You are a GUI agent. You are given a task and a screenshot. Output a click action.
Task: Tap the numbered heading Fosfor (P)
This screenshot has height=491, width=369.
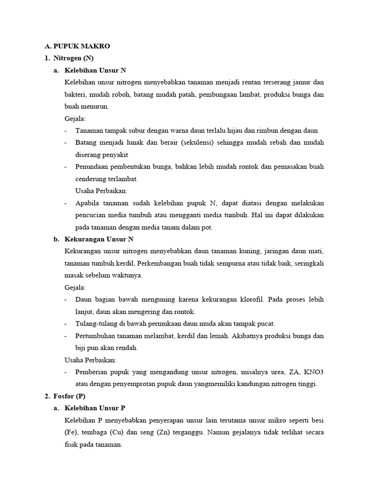coord(69,396)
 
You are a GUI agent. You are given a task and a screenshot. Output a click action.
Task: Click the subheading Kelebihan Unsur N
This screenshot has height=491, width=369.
coord(95,70)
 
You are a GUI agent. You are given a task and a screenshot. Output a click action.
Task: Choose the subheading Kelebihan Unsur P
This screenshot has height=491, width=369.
coord(95,408)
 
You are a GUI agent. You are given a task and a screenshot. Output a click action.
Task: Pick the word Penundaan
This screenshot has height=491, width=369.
coord(91,167)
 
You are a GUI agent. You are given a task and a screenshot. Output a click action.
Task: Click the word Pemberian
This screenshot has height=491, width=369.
coord(91,372)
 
